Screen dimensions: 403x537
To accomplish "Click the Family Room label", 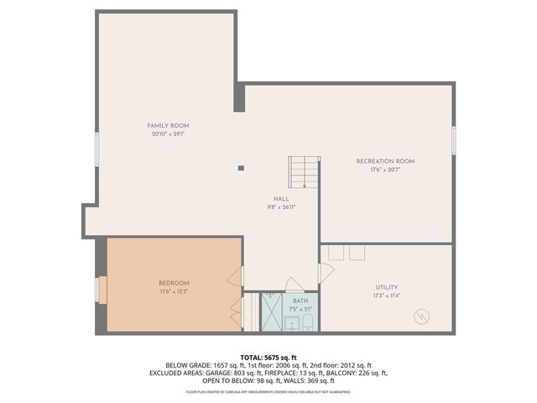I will click(x=168, y=125).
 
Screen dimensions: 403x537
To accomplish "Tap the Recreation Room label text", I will click(x=385, y=160).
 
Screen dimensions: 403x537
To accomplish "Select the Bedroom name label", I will click(x=174, y=283).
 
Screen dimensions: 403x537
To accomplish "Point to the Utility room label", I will click(x=387, y=286).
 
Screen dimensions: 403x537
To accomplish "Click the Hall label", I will click(x=280, y=199).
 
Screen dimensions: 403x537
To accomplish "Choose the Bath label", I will click(x=300, y=301).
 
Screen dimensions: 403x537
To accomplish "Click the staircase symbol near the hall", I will click(x=304, y=173).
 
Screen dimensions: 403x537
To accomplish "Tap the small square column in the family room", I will click(x=241, y=168).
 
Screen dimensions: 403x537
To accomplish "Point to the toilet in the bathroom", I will click(x=307, y=322).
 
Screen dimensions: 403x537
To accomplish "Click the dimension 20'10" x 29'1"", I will click(x=168, y=133).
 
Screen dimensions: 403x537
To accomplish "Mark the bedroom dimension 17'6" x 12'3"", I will click(x=174, y=291).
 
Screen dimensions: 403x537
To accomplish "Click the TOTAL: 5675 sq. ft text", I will click(x=268, y=357).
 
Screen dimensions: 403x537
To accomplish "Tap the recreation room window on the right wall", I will click(x=453, y=139).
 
